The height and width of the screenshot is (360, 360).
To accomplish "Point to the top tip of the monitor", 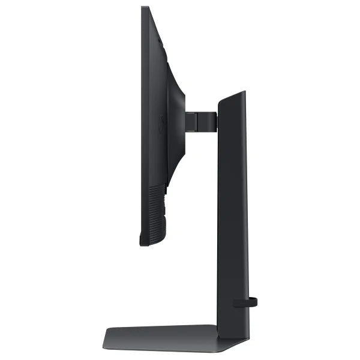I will click(145, 8).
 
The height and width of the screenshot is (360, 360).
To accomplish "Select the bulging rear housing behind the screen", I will click(176, 120).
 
